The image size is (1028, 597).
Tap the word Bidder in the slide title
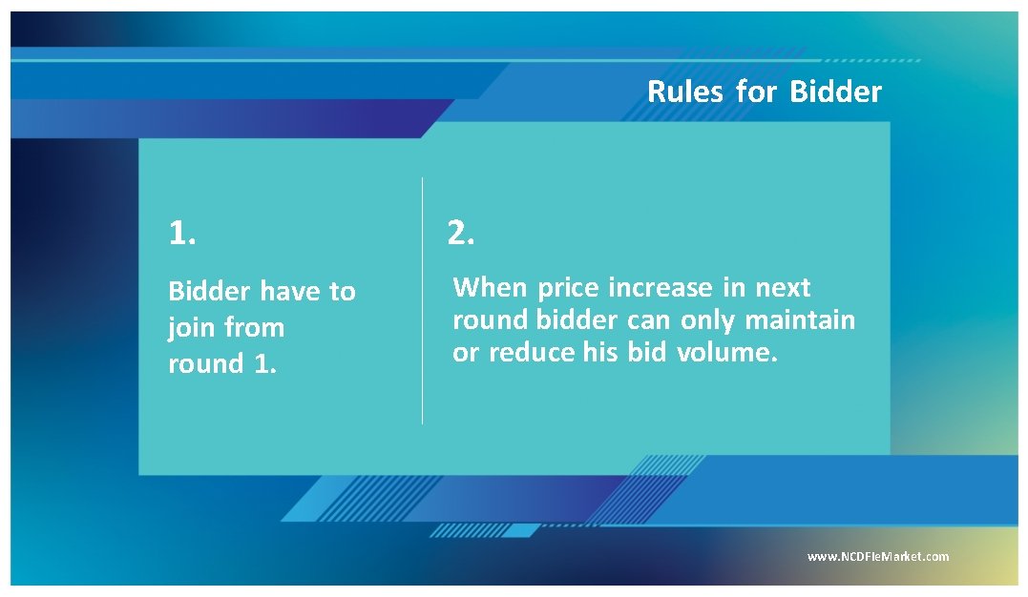[x=835, y=93]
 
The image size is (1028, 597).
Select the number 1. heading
[x=182, y=234]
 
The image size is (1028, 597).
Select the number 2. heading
[x=461, y=233]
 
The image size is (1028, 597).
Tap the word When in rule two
[x=491, y=288]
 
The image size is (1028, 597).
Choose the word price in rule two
[x=569, y=288]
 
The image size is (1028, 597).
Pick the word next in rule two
[x=783, y=288]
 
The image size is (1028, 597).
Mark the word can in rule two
[x=650, y=319]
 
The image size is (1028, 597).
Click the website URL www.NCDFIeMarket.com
[x=878, y=557]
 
